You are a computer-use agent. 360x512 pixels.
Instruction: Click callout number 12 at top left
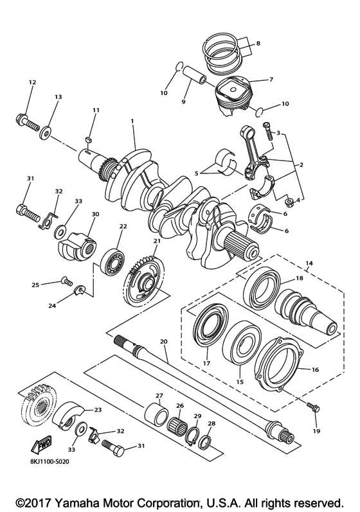click(x=32, y=82)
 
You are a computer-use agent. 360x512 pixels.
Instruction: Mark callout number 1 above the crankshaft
click(x=132, y=121)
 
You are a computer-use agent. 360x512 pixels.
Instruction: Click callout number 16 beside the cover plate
click(x=315, y=371)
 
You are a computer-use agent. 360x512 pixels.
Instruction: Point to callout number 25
click(x=36, y=285)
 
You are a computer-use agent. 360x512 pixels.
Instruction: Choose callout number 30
click(x=95, y=214)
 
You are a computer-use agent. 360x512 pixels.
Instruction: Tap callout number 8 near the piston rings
click(x=258, y=44)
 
